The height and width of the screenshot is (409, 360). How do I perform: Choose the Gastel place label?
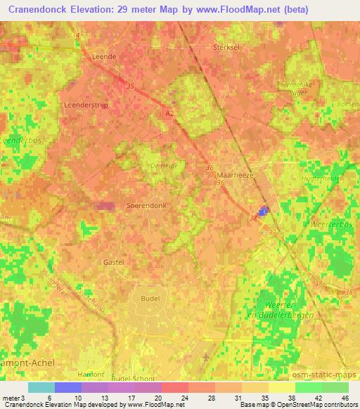click(114, 261)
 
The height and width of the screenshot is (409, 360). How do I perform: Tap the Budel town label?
click(150, 299)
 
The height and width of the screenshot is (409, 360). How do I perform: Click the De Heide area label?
click(163, 166)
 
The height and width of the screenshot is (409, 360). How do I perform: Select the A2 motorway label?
click(170, 112)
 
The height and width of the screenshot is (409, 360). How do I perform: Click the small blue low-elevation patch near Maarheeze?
click(264, 211)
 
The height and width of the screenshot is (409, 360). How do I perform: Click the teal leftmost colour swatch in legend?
click(41, 387)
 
